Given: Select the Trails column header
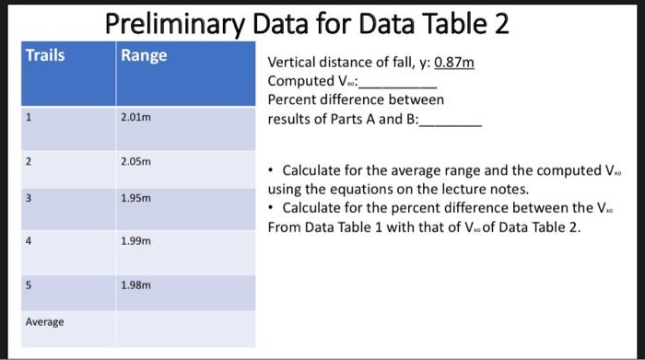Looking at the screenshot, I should pyautogui.click(x=45, y=55).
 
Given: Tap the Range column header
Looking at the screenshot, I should pyautogui.click(x=145, y=55).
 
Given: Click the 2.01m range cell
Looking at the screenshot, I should pyautogui.click(x=135, y=117).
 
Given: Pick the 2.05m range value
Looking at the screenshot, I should pyautogui.click(x=135, y=162).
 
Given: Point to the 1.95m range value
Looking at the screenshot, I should pyautogui.click(x=135, y=198).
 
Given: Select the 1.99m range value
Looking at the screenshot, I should pyautogui.click(x=135, y=241).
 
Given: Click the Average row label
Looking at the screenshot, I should pyautogui.click(x=44, y=321).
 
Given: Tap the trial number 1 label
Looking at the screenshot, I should pyautogui.click(x=29, y=117).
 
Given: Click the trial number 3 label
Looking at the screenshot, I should pyautogui.click(x=29, y=198).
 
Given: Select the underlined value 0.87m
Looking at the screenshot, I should pyautogui.click(x=454, y=63).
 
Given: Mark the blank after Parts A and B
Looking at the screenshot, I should pyautogui.click(x=451, y=120).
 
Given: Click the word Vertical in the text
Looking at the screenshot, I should pyautogui.click(x=291, y=63).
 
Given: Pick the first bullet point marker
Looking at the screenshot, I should pyautogui.click(x=269, y=170).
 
